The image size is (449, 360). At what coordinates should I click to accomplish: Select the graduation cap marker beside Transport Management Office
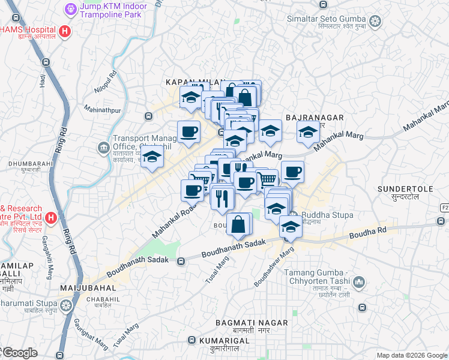pos(152,158)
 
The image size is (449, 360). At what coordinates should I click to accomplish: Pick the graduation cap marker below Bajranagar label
pos(308,133)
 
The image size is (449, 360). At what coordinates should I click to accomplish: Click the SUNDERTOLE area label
pos(405,188)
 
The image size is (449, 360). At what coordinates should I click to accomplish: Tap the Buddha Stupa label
pos(327,215)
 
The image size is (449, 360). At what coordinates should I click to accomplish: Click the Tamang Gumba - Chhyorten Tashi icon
pos(359,281)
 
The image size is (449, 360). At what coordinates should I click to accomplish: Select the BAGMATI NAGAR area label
pos(252,323)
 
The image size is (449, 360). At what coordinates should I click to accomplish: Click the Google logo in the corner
pos(20,353)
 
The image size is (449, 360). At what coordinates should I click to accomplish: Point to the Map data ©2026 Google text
pos(411,355)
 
